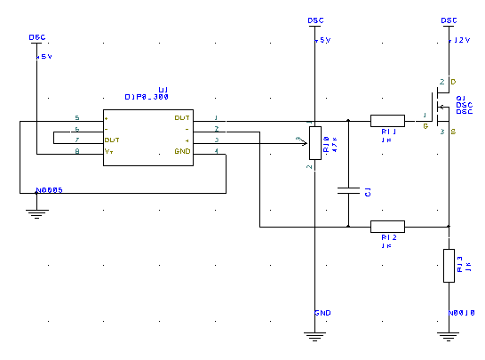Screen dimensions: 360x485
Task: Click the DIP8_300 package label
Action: [147, 97]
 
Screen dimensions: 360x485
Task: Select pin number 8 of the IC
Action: [77, 152]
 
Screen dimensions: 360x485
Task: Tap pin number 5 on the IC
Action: [77, 117]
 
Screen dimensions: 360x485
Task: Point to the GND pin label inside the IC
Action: [182, 152]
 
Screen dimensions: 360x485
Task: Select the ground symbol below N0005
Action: [36, 212]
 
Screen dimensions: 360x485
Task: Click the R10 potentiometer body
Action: [314, 140]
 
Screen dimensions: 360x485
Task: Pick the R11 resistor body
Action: [387, 120]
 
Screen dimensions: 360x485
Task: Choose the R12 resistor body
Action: [387, 227]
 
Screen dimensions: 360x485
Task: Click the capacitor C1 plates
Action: [348, 190]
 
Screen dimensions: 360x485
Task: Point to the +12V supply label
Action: [459, 40]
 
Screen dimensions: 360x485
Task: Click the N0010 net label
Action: [463, 313]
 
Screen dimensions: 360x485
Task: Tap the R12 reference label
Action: [387, 239]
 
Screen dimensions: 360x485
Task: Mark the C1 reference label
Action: [368, 192]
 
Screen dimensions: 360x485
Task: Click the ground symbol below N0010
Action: [449, 335]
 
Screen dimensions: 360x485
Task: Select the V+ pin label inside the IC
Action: [109, 152]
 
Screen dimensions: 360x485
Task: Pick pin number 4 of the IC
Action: [217, 152]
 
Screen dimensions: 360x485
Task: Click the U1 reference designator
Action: [163, 90]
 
